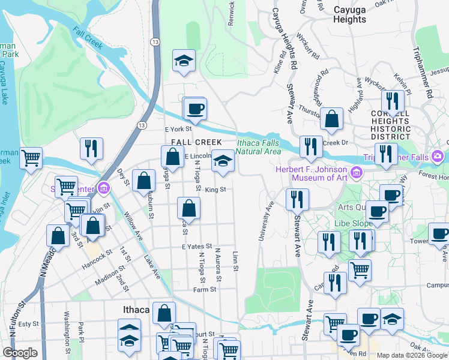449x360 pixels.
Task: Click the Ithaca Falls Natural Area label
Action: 258,146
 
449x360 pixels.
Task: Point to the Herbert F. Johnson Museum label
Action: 312,173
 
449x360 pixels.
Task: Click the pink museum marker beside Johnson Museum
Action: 357,173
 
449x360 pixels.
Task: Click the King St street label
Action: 214,190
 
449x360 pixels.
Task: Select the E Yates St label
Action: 197,246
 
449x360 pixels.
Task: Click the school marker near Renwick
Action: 184,61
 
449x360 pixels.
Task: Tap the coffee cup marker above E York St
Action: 195,109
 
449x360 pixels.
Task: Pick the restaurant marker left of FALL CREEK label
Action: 91,148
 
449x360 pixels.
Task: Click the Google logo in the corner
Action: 20,353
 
